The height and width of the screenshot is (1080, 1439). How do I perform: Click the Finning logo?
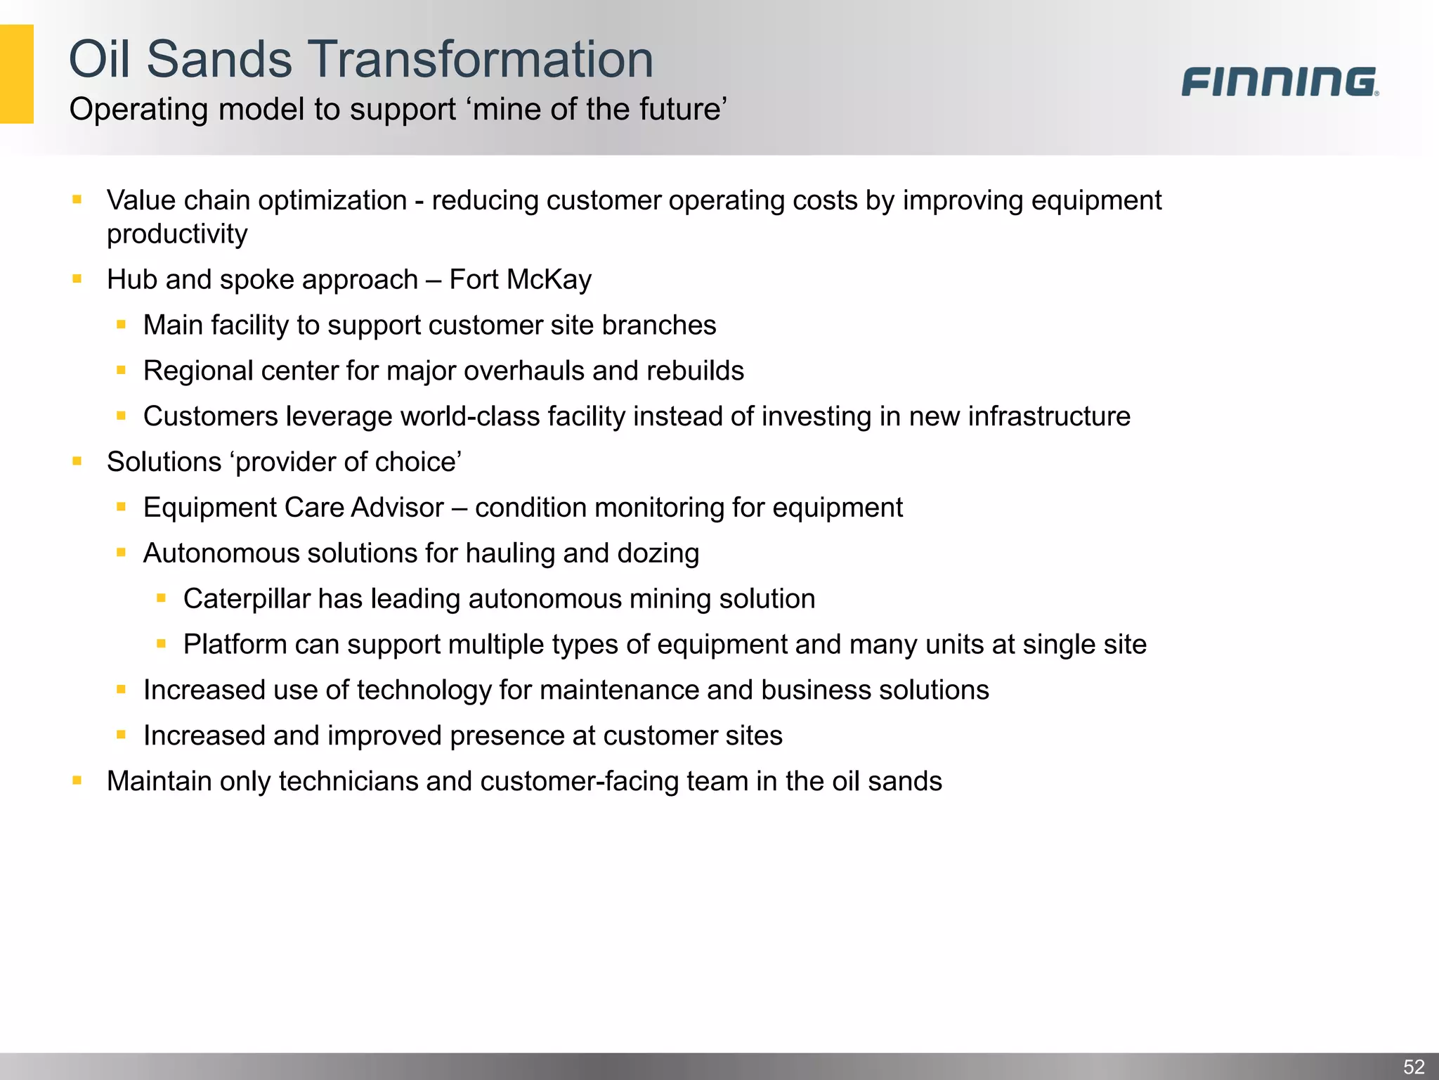(x=1279, y=82)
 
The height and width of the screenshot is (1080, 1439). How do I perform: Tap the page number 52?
(x=1414, y=1067)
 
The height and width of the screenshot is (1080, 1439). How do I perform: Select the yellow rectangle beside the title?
(x=16, y=74)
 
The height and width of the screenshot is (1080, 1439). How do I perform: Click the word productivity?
(x=177, y=235)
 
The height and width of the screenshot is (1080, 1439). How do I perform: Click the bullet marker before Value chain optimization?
(x=77, y=200)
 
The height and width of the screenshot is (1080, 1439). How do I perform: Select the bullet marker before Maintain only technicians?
(x=77, y=780)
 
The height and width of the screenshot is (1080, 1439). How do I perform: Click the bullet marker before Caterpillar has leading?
(x=161, y=598)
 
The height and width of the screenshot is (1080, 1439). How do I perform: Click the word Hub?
(x=132, y=280)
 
